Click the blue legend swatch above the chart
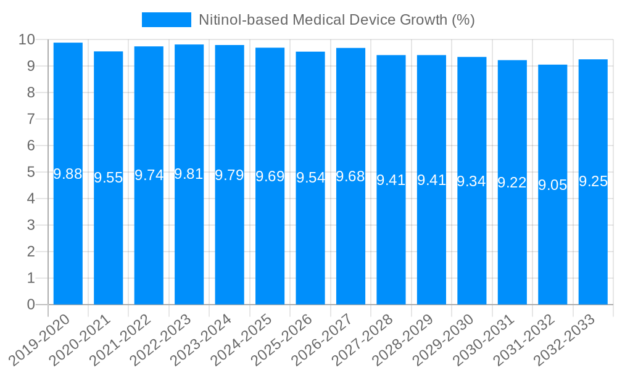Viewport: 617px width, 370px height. [167, 20]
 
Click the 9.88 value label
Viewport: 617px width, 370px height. [68, 175]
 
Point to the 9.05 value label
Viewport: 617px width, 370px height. [553, 185]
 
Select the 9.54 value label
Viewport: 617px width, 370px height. [310, 178]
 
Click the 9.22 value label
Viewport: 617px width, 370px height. [512, 183]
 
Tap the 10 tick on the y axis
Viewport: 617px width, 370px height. [27, 40]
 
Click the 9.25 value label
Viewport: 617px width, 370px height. [593, 182]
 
